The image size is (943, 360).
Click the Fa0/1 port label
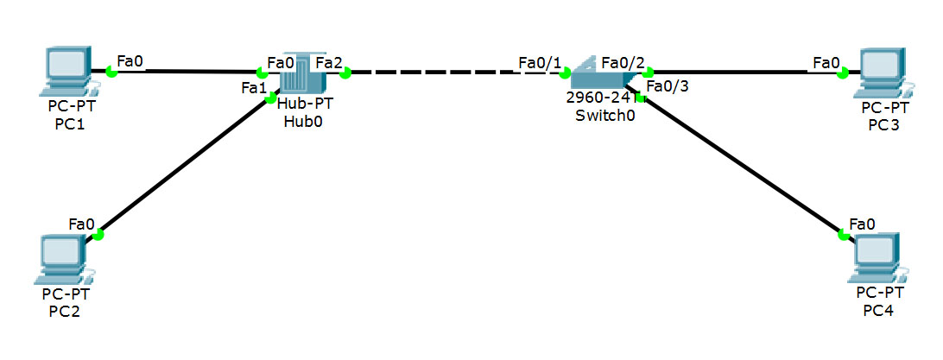(x=540, y=62)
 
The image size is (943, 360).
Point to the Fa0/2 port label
(x=622, y=62)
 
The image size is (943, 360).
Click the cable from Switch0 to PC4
(x=738, y=164)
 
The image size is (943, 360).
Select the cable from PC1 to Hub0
(x=186, y=72)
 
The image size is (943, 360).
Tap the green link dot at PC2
(x=98, y=234)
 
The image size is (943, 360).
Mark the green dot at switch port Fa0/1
(x=566, y=73)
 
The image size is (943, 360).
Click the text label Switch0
(x=605, y=116)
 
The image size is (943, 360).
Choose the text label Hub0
(x=304, y=120)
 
